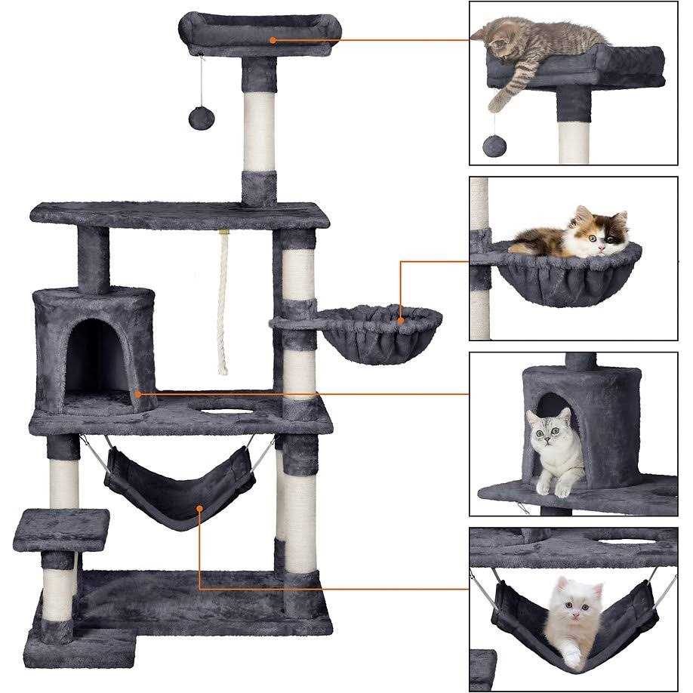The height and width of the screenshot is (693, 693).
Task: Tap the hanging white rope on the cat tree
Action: coord(223,302)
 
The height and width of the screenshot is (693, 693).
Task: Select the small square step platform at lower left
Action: coord(60,529)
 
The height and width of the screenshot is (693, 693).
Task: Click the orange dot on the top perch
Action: coord(273,40)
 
